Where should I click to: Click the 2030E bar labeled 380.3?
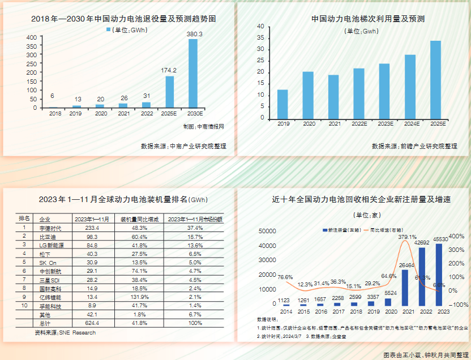[x=193, y=73]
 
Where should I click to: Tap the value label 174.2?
[x=169, y=70]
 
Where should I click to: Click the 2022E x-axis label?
[x=359, y=123]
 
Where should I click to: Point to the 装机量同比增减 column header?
[x=139, y=218]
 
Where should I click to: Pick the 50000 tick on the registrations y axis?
[x=266, y=232]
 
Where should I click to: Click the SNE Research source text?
[x=66, y=333]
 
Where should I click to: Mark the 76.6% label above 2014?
[x=285, y=277]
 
